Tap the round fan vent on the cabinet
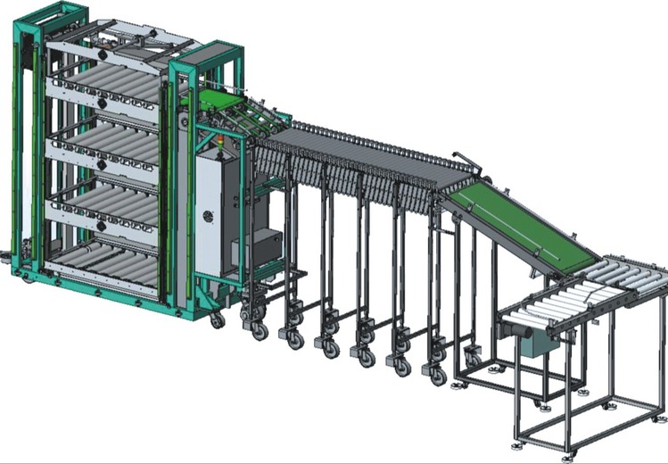[x=208, y=218]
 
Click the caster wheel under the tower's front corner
[x=217, y=319]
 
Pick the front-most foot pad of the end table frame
[x=518, y=443]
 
